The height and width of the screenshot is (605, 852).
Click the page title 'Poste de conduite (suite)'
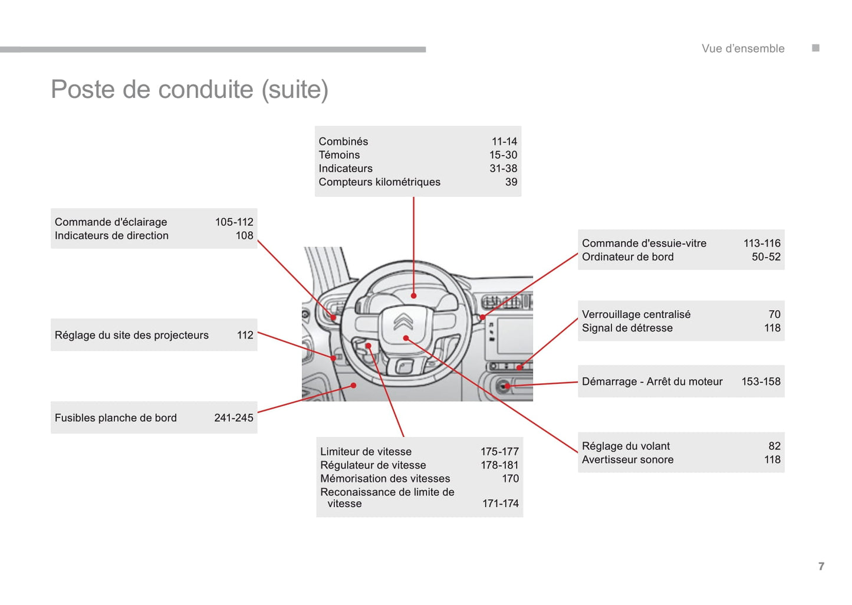tap(189, 90)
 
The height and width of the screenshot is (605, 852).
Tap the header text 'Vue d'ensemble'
tap(742, 49)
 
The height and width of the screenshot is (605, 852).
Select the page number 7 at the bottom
tap(821, 566)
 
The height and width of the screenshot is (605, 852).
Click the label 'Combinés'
tap(343, 142)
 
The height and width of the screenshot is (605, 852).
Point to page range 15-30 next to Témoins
tap(503, 155)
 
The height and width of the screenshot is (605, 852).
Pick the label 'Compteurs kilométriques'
tap(379, 182)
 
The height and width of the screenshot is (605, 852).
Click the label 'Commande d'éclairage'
tap(111, 222)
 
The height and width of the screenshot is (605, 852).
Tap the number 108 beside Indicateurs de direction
tap(244, 236)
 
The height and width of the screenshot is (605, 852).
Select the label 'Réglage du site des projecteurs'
tap(131, 336)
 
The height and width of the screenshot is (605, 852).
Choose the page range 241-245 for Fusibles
tap(233, 418)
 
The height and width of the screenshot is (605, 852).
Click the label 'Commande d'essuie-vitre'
tap(644, 244)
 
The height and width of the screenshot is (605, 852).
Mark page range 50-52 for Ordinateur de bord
tap(765, 257)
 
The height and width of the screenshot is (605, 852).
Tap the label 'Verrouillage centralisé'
tap(636, 315)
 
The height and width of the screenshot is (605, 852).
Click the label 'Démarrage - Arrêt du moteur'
tap(652, 382)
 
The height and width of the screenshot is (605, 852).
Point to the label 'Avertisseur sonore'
tap(627, 460)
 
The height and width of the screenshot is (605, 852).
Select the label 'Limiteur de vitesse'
tap(366, 452)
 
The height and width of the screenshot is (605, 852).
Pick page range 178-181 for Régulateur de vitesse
tap(499, 465)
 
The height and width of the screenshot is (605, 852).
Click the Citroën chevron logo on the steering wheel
tap(403, 322)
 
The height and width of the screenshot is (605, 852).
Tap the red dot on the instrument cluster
tap(414, 295)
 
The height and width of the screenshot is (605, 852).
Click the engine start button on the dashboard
tap(503, 386)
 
